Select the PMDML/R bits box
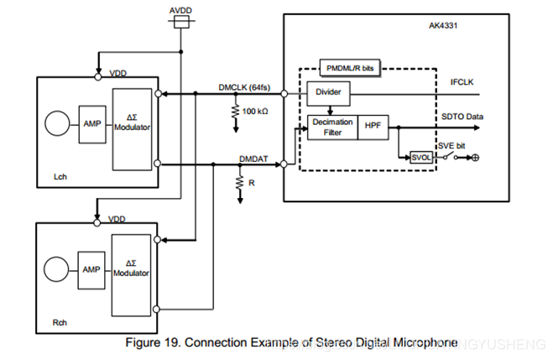[x=350, y=67]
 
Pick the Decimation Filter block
[x=332, y=127]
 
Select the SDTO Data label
[x=462, y=117]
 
